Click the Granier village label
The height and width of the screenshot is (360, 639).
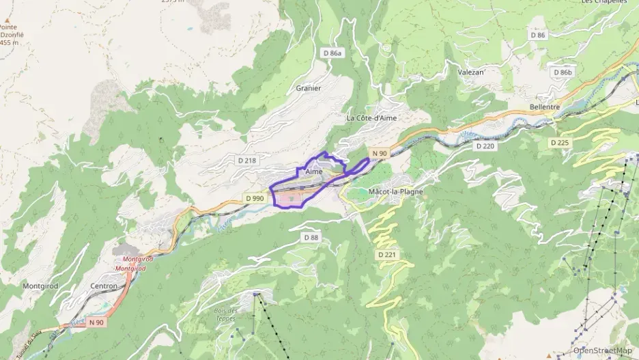309,88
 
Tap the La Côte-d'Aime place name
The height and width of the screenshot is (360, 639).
371,117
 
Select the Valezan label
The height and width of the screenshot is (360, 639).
470,72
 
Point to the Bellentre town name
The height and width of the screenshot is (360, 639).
544,107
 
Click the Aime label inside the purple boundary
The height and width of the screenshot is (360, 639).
314,171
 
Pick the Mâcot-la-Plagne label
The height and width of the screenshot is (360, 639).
395,192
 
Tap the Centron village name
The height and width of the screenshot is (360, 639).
104,286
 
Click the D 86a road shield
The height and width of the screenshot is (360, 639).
332,53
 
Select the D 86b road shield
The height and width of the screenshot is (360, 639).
563,72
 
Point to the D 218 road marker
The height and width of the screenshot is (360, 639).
246,160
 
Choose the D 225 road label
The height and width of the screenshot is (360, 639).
559,143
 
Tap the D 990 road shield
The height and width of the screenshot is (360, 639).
254,198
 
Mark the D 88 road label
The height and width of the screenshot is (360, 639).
311,237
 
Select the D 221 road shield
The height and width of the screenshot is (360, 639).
386,255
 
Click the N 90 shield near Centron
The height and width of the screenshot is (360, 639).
96,322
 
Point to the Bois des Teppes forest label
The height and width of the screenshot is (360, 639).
226,314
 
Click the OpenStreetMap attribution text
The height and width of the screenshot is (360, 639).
602,350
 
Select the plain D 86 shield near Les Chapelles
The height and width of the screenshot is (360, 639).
538,35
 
